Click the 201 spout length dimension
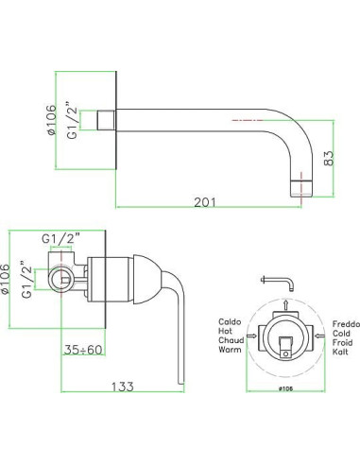(x=205, y=202)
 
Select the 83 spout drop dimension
(x=328, y=158)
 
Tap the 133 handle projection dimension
(x=123, y=387)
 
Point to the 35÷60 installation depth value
(x=83, y=350)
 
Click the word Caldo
(x=230, y=322)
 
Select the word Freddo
(x=346, y=324)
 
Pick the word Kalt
(x=340, y=352)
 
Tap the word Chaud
(x=231, y=340)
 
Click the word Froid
(x=342, y=342)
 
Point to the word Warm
(x=230, y=350)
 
